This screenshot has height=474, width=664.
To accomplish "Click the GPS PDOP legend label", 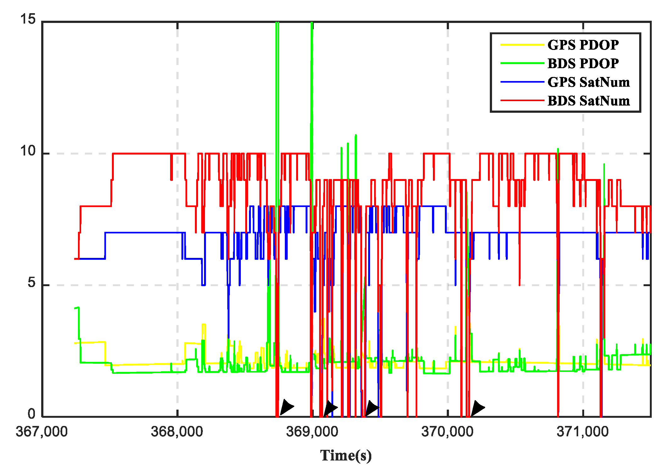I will click(583, 45).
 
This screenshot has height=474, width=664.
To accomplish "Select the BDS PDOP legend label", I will click(583, 63).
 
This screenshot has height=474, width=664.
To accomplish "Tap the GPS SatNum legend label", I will click(589, 82).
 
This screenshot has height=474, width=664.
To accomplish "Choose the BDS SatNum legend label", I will click(589, 101).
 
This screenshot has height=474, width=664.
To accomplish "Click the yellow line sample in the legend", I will click(522, 45).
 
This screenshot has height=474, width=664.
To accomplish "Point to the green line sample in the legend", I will click(522, 63).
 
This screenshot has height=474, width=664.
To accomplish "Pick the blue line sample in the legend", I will click(522, 82).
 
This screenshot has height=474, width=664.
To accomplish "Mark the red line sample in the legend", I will click(522, 101).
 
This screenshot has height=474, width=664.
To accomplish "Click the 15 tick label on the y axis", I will click(28, 19).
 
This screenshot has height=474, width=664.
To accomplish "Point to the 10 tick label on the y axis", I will click(28, 151).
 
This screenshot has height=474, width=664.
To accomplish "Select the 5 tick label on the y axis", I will click(31, 283).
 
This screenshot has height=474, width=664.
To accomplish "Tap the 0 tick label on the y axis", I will click(31, 414).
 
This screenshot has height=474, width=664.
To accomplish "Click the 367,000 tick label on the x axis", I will click(42, 432).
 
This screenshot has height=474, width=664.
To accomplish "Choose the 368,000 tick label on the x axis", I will click(177, 432).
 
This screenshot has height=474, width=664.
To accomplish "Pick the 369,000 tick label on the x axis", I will click(312, 432).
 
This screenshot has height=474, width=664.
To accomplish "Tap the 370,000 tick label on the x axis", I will click(447, 432).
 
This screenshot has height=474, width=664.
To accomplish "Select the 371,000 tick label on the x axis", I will click(583, 432).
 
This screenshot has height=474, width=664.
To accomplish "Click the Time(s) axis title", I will click(346, 455).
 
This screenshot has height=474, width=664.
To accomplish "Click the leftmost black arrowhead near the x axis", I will click(286, 407).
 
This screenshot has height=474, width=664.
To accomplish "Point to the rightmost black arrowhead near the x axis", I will click(477, 408).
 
